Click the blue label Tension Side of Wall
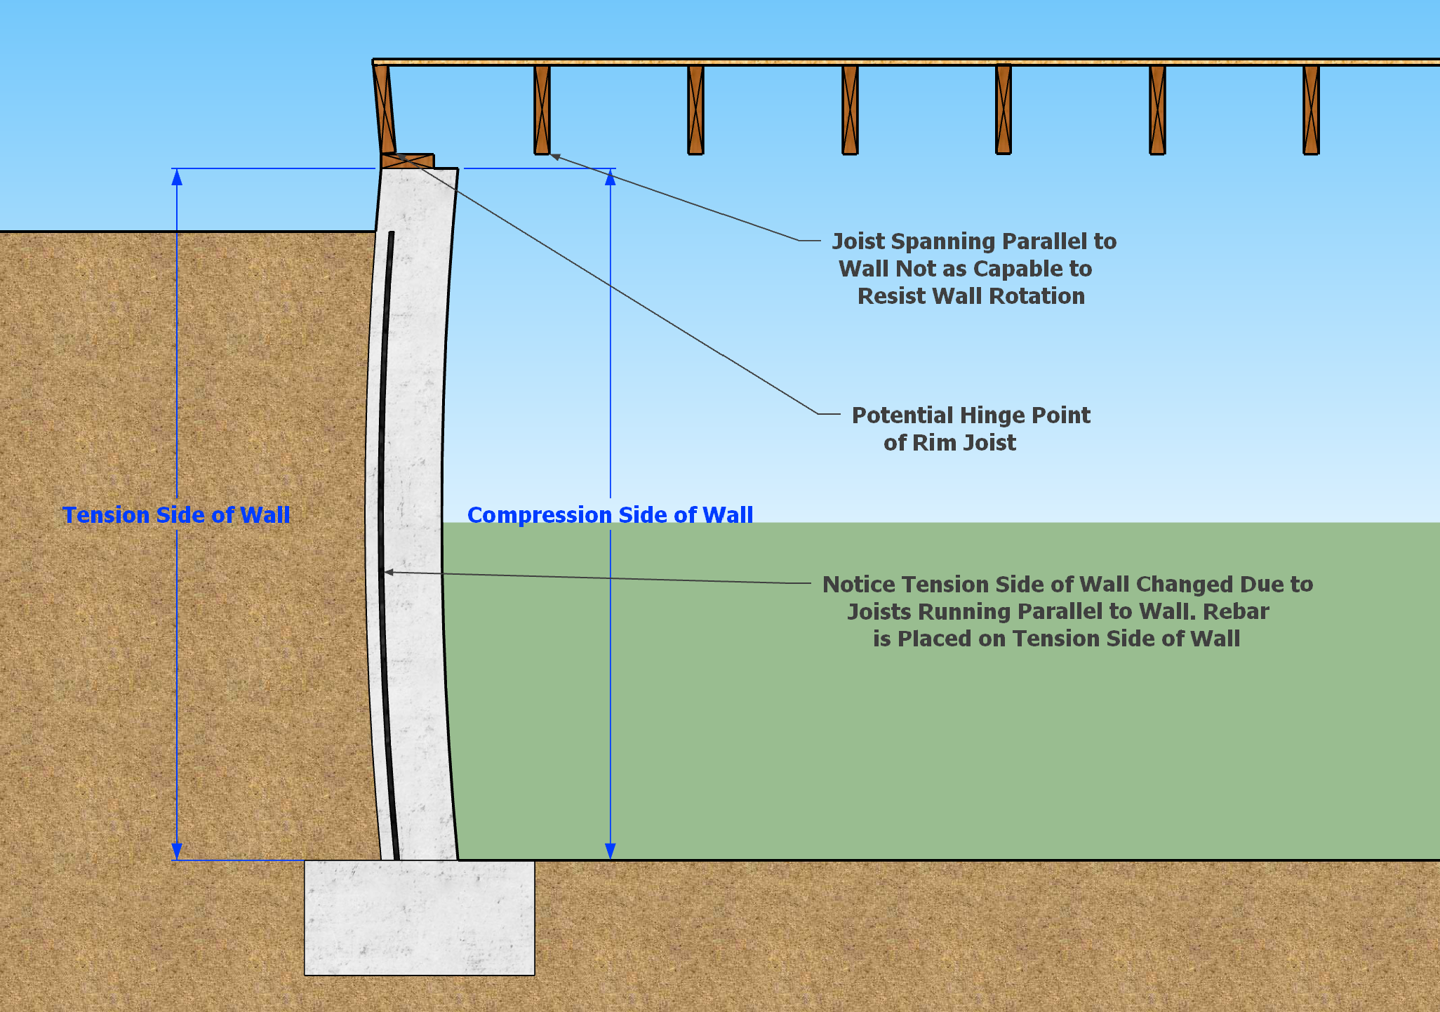pyautogui.click(x=176, y=515)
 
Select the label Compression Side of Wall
pyautogui.click(x=610, y=515)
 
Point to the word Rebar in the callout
pyautogui.click(x=1236, y=611)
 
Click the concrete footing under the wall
pyautogui.click(x=419, y=917)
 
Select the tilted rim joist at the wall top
pyautogui.click(x=384, y=109)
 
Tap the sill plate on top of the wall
pyautogui.click(x=408, y=161)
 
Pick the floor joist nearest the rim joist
pyautogui.click(x=542, y=109)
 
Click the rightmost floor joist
pyautogui.click(x=1311, y=109)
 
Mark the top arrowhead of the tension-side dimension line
pyautogui.click(x=177, y=176)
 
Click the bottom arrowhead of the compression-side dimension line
pyautogui.click(x=611, y=851)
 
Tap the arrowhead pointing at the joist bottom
pyautogui.click(x=554, y=157)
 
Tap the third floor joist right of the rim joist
pyautogui.click(x=850, y=109)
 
